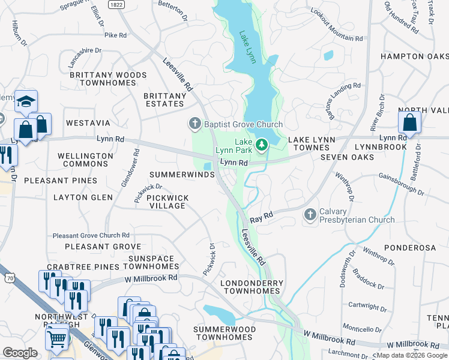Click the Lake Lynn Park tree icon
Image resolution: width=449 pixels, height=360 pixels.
[x=262, y=145]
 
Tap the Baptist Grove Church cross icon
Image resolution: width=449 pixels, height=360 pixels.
[x=194, y=124]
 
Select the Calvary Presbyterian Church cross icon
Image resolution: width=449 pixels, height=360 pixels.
[x=310, y=214]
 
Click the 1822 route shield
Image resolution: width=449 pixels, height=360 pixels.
[x=116, y=4]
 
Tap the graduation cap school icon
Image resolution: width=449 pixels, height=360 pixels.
[x=26, y=101]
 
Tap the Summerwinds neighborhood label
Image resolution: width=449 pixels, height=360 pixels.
[x=182, y=175]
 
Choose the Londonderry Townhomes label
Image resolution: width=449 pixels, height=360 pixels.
[x=252, y=287]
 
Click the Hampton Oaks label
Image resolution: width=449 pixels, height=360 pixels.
[x=414, y=56]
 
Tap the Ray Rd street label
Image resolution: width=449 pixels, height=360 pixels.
[x=262, y=215]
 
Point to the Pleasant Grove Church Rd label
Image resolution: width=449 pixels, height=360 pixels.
[x=91, y=235]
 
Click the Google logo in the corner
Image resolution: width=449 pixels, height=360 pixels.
[x=20, y=353]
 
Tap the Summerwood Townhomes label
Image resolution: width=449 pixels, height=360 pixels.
[x=224, y=334]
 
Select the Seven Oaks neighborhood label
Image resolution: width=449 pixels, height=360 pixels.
[x=347, y=157]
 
